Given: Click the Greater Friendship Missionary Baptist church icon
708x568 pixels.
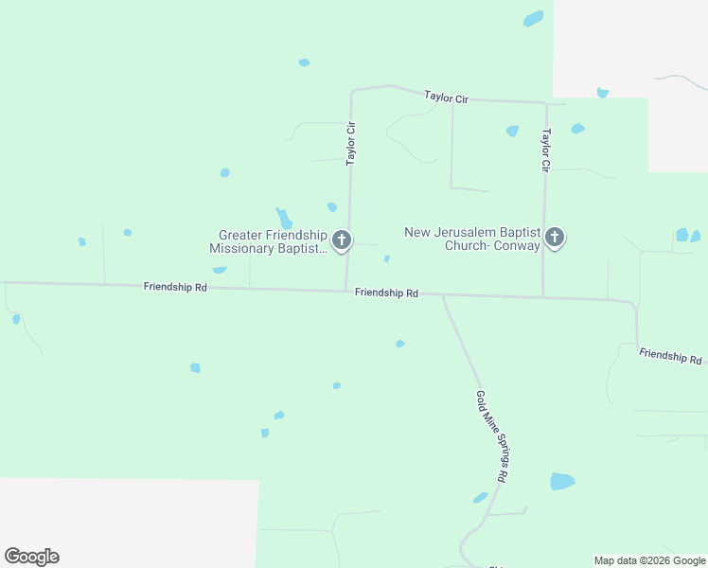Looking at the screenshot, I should (342, 240).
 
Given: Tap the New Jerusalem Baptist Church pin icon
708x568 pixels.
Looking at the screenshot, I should (555, 237).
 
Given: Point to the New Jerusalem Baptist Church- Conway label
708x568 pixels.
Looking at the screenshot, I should (472, 239).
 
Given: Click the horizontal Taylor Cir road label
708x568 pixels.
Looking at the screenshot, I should (447, 98).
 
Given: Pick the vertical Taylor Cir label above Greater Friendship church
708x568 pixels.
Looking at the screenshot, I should (350, 143).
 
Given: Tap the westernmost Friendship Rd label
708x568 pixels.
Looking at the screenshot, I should (175, 286).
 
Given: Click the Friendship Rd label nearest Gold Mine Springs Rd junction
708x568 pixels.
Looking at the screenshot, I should (386, 293).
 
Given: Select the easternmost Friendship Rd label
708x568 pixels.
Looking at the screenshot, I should (670, 357).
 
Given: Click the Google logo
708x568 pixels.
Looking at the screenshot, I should (31, 557).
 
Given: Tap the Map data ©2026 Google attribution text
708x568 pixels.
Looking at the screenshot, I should (649, 560).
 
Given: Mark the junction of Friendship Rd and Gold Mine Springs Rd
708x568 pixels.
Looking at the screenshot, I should (443, 295).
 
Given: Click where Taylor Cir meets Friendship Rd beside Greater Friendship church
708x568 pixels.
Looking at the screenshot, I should (346, 290).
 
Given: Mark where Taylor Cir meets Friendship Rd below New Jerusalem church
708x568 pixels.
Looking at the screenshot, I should (542, 297).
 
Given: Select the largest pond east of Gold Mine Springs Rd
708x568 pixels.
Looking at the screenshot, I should (562, 481).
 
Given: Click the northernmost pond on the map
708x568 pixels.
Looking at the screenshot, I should (534, 18).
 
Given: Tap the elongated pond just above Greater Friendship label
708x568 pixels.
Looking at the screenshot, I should (283, 218).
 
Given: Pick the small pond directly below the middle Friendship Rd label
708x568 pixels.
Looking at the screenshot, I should (399, 344).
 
